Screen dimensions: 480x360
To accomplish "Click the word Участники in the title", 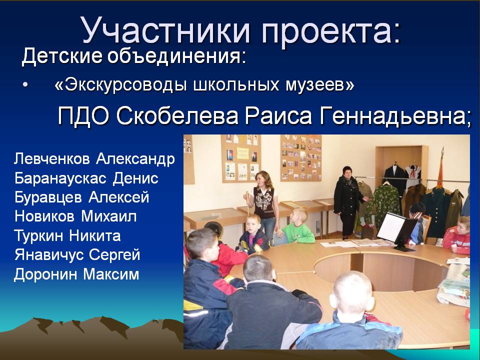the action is tap(166, 30).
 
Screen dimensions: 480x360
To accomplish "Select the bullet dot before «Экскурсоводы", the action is tap(25, 86).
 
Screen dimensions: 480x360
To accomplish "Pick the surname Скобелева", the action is tap(177, 116).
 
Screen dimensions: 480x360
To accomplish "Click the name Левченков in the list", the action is tap(52, 158).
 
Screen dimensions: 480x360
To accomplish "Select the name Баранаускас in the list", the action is tap(60, 178).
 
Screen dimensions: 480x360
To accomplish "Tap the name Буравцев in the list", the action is tap(48, 197).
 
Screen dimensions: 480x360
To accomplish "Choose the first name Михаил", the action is tap(108, 216).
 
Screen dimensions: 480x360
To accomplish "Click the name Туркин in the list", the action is tap(38, 235).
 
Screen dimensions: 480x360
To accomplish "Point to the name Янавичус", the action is tap(48, 255).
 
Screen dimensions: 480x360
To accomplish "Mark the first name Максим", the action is tap(111, 274).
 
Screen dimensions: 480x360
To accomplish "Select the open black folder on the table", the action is tap(397, 231).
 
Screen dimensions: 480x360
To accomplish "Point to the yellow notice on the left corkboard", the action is tap(242, 153).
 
